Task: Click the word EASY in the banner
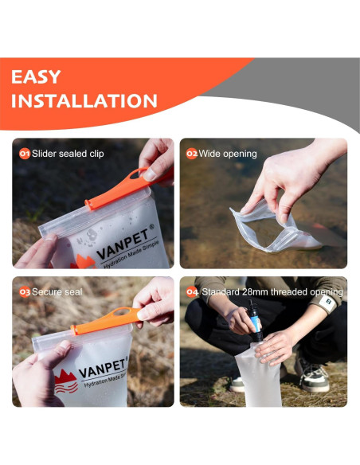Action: [36, 76]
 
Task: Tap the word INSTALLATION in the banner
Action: [84, 101]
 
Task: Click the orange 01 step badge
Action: [25, 154]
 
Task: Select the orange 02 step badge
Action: [192, 154]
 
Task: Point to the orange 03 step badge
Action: [25, 292]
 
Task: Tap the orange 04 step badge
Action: [192, 292]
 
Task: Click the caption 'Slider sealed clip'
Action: [68, 154]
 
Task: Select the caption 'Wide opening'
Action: [228, 154]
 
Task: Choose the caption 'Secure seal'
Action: [57, 292]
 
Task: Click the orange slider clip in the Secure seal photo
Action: [108, 320]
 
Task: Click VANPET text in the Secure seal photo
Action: [103, 368]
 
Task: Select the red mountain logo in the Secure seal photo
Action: [66, 381]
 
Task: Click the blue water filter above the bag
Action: [255, 322]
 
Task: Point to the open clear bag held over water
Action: [274, 227]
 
